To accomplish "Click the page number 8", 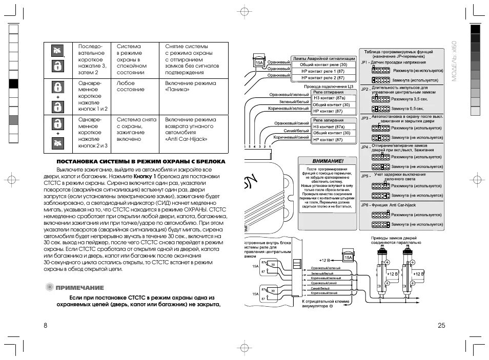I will click(45, 326).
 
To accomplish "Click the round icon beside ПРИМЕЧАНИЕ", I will click(49, 287).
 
